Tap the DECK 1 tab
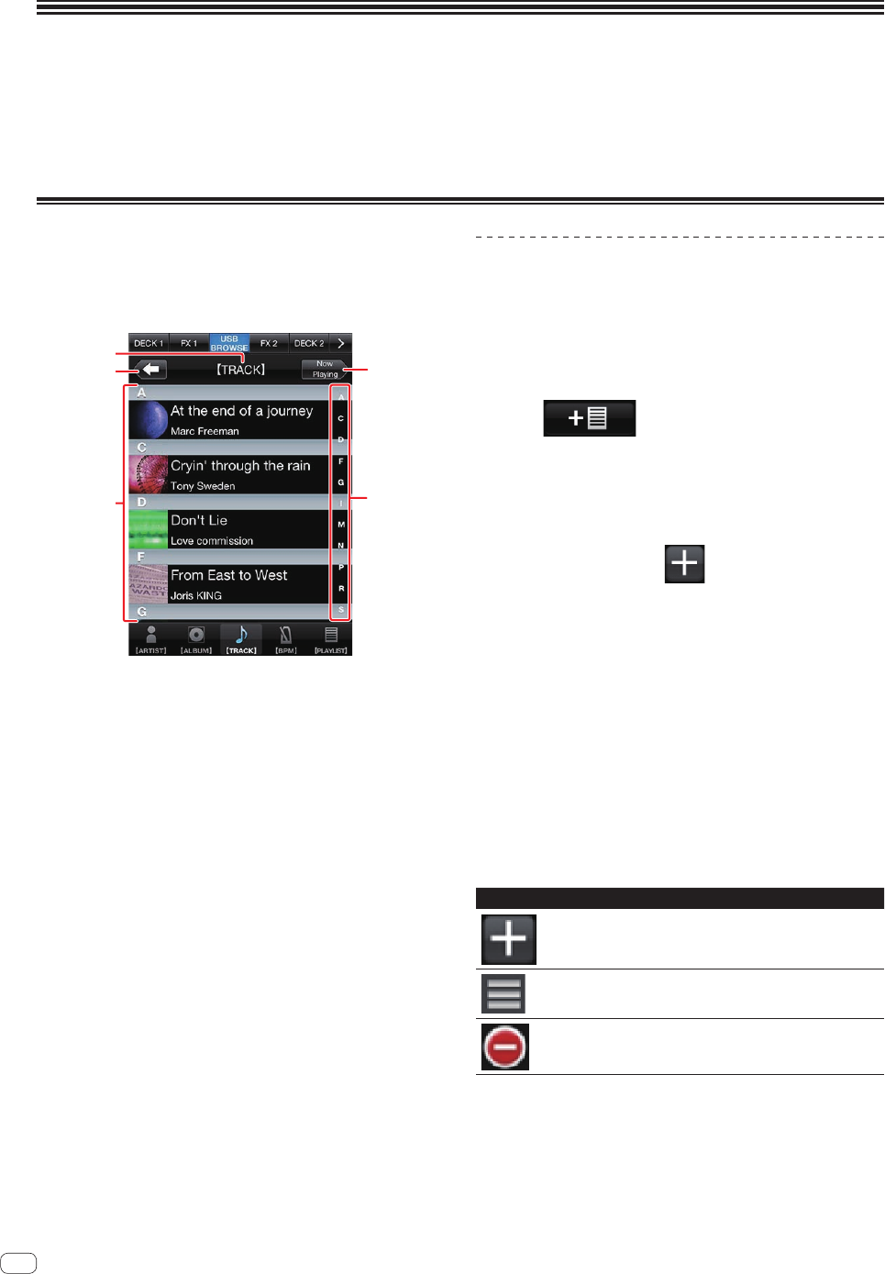pos(148,343)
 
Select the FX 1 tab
pos(189,343)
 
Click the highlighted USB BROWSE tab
pos(229,343)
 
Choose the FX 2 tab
pos(269,343)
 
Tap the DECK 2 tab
pos(309,343)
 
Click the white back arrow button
pos(152,370)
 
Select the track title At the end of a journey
pos(241,411)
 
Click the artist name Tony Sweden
pos(203,486)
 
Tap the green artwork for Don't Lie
pos(148,529)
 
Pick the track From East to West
pos(229,576)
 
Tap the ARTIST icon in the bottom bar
pos(151,637)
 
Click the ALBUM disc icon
pos(196,637)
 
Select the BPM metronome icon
pos(286,637)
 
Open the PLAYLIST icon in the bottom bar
pos(331,637)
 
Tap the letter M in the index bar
pos(341,525)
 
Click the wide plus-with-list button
pos(589,418)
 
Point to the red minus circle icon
pos(505,1047)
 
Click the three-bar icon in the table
pos(503,993)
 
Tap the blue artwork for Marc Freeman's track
pos(148,419)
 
